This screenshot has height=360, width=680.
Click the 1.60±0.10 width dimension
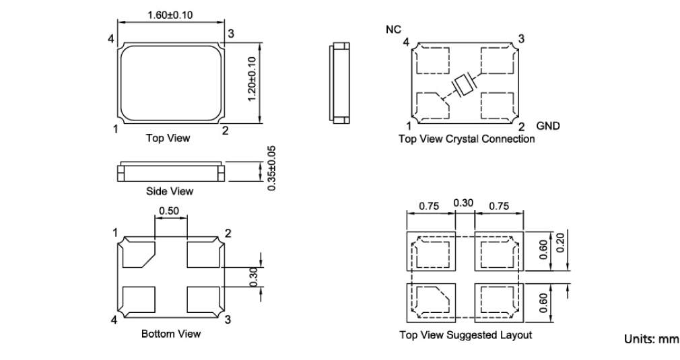[170, 15]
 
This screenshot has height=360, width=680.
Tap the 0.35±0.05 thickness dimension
[271, 169]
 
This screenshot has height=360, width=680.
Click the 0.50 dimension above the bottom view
[168, 211]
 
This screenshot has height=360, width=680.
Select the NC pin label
[393, 30]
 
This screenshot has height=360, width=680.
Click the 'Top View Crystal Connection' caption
[467, 139]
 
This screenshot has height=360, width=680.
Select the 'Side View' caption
[170, 191]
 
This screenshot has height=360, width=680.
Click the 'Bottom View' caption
[171, 333]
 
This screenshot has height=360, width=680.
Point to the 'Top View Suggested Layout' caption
[466, 335]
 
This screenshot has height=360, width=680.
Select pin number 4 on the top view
[111, 39]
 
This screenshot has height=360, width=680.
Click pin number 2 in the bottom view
[228, 233]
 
